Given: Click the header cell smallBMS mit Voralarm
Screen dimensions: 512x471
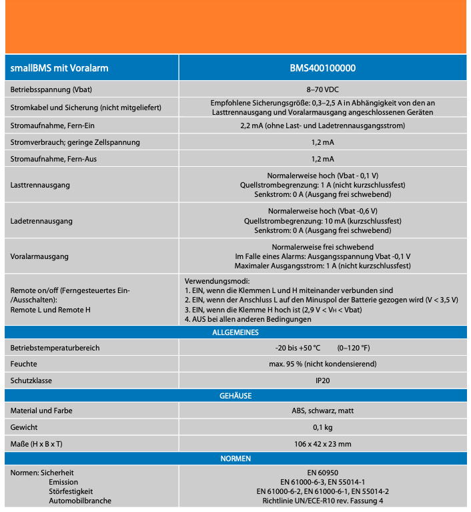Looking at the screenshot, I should [59, 68].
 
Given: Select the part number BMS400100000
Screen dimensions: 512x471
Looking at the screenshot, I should [322, 68].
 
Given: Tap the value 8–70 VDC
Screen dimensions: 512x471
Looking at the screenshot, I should [322, 89].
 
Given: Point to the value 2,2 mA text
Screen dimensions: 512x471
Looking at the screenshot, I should [322, 125].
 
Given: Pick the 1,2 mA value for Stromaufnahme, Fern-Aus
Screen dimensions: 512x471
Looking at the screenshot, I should [322, 159].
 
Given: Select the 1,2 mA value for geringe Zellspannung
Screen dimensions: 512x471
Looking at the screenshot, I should [322, 142].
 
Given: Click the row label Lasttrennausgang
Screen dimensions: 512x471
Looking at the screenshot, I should [40, 185].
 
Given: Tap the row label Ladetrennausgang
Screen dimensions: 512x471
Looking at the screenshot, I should [41, 220].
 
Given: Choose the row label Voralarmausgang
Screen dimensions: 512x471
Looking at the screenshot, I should [39, 256].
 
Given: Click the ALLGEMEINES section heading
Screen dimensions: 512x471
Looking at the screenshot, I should [235, 332].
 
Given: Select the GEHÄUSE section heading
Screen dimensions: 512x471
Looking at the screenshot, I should [235, 396].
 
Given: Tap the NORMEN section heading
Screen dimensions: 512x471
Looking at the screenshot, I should [235, 459].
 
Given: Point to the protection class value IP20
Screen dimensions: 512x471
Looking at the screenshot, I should [322, 380].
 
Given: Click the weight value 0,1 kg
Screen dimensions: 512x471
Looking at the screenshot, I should [322, 427].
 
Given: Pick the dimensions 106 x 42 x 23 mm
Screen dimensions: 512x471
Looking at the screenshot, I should [322, 444].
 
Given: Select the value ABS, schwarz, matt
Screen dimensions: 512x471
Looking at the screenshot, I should [322, 411].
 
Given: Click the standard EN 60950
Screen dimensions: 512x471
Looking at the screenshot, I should [322, 473].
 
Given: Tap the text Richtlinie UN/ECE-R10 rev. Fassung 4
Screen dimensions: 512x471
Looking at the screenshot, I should [322, 501].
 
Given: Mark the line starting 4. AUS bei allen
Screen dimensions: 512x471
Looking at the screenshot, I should [248, 319].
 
